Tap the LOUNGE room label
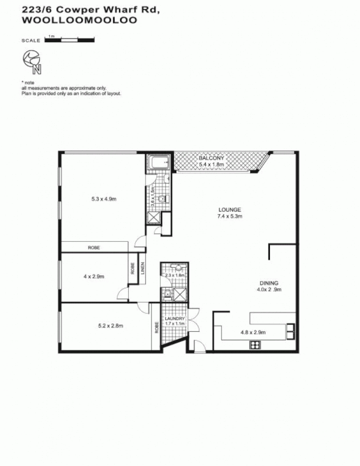click(x=230, y=210)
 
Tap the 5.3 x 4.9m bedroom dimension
click(x=103, y=198)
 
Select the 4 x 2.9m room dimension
click(x=94, y=276)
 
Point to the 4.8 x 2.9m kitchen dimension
click(x=252, y=331)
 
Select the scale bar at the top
click(x=70, y=39)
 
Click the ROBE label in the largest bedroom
click(x=94, y=247)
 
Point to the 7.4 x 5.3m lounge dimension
click(x=230, y=216)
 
